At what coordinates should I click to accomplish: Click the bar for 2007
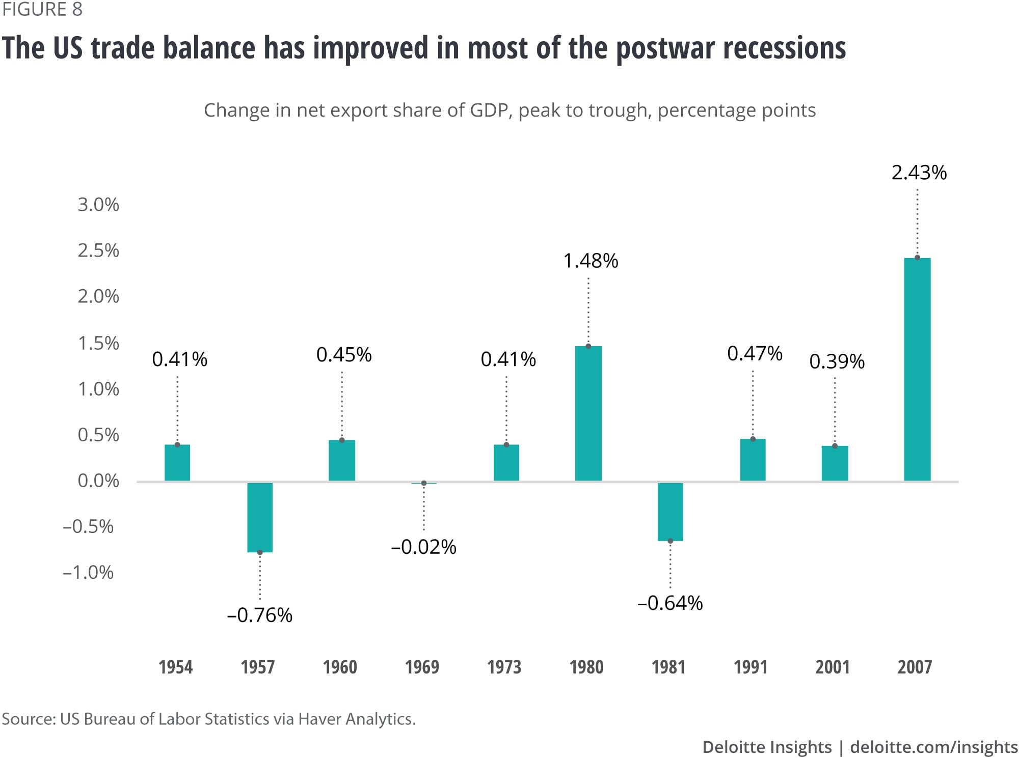pos(917,369)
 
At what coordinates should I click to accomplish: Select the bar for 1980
pos(588,413)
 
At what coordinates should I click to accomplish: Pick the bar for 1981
pos(670,511)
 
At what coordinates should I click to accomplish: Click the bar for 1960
pos(342,460)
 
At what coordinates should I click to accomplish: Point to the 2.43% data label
pos(919,173)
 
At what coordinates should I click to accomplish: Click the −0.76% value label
pos(260,615)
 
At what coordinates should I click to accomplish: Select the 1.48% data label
pos(591,261)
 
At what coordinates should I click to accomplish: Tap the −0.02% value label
pos(423,547)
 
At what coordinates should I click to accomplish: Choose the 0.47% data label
pos(755,353)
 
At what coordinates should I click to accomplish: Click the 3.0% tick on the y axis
pos(98,205)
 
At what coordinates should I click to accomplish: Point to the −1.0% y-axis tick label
pos(88,572)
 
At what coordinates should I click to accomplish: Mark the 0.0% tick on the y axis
pos(98,481)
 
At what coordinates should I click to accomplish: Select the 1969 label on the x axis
pos(422,667)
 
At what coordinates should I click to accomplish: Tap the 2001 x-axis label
pos(833,667)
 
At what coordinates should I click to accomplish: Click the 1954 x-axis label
pos(176,667)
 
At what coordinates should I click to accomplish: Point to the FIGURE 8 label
pos(42,10)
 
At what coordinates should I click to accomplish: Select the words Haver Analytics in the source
pos(357,719)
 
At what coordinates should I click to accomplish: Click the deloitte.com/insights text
pos(933,747)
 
